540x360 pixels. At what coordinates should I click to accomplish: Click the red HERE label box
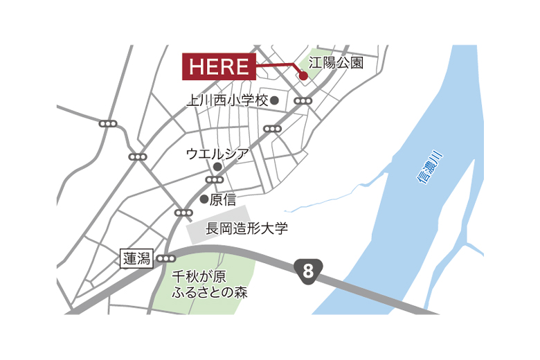[x=219, y=66]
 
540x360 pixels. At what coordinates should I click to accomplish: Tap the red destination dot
[x=303, y=76]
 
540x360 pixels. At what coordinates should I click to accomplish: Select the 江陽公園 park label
[x=336, y=64]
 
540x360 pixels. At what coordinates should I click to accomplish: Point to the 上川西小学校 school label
[x=227, y=100]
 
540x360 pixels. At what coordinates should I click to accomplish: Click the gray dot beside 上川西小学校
[x=275, y=100]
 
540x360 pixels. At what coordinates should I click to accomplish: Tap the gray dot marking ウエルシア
[x=217, y=167]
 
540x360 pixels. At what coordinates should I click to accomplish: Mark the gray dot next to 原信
[x=204, y=199]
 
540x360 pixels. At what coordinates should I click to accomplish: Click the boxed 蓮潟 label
[x=136, y=259]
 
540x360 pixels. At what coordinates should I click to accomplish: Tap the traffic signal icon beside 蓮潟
[x=165, y=259]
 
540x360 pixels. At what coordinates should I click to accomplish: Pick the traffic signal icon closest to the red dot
[x=303, y=101]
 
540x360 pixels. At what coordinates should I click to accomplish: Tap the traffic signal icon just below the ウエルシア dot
[x=215, y=180]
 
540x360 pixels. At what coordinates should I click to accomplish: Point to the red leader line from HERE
[x=277, y=66]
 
